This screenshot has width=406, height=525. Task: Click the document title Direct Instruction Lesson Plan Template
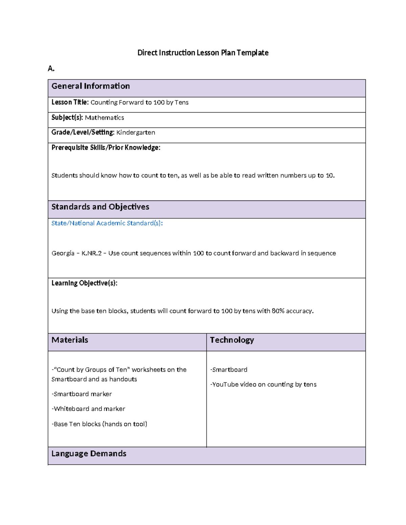pos(203,53)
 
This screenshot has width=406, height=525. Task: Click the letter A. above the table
pos(51,69)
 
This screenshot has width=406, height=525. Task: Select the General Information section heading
pos(90,86)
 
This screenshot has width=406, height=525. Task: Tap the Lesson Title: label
pos(70,102)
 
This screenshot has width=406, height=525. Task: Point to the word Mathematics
pos(104,118)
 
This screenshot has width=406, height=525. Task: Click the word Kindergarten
pos(135,133)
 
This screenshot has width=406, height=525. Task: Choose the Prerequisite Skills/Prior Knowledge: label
pos(106,148)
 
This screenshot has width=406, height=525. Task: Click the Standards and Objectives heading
pos(100,207)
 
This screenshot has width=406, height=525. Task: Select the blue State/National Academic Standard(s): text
pos(107,223)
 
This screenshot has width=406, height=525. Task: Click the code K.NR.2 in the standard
pos(91,253)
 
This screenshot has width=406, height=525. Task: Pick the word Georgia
pos(63,253)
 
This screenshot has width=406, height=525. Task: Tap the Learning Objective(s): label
pos(84,283)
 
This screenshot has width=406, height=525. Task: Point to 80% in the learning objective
pos(278,311)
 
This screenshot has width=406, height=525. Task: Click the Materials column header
pos(70,340)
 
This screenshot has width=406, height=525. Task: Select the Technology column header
pos(232,340)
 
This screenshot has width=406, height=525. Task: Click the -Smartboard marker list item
pos(82,394)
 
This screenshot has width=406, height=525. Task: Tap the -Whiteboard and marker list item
pos(88,409)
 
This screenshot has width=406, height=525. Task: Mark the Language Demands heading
pos(89,454)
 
